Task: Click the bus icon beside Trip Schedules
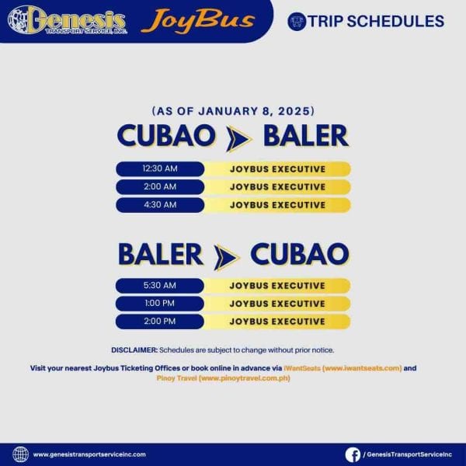click(x=296, y=21)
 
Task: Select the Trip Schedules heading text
click(x=376, y=21)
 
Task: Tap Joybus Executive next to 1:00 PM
click(x=277, y=304)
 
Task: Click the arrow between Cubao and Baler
click(x=238, y=137)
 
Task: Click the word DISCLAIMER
click(x=134, y=350)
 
